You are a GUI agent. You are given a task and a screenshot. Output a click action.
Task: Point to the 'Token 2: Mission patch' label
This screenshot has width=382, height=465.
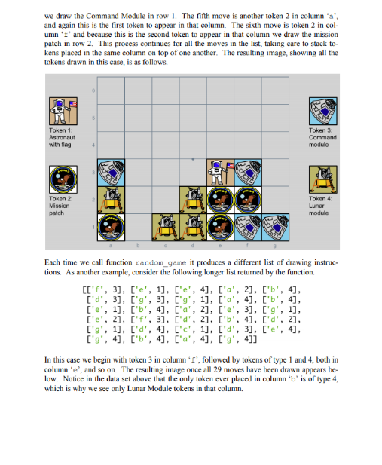60,206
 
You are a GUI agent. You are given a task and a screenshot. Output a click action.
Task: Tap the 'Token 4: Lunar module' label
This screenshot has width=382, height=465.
320,206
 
